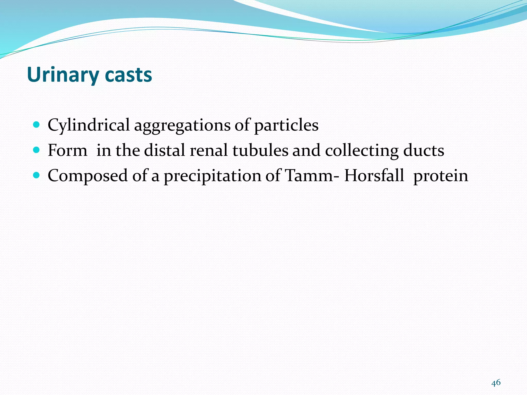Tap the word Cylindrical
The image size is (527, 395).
[89, 125]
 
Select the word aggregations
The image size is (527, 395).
[182, 125]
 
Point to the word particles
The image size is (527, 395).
[286, 125]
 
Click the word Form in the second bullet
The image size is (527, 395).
[67, 150]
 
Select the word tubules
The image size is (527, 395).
[260, 150]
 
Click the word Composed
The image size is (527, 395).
[87, 176]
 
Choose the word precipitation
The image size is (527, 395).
[212, 176]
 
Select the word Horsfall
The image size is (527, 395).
[374, 176]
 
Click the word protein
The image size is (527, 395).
[441, 176]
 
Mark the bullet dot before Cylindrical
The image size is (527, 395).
[37, 125]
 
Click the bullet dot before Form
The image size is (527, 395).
[37, 150]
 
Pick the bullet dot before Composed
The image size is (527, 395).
[37, 175]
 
